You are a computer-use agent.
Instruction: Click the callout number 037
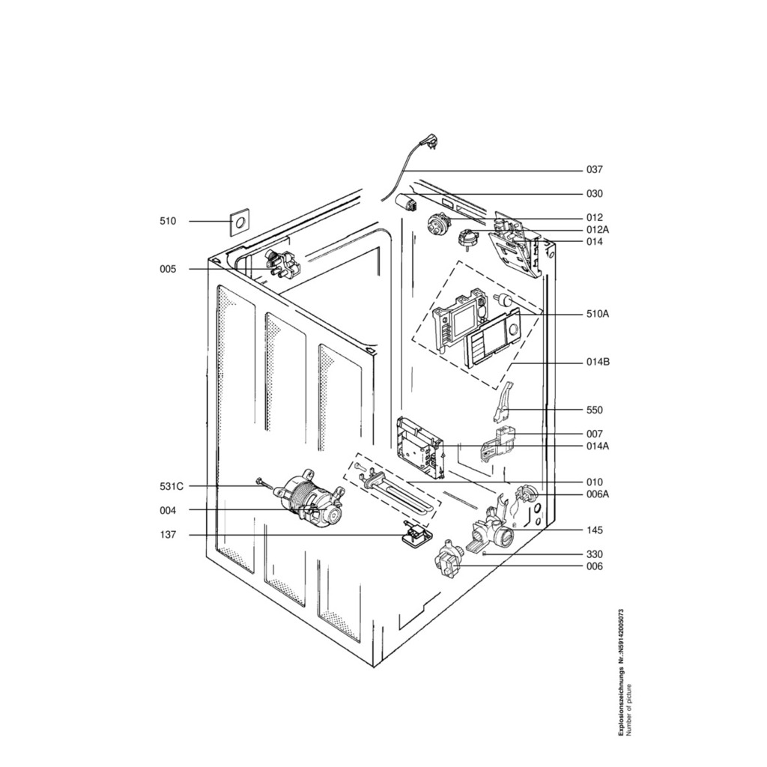(x=594, y=170)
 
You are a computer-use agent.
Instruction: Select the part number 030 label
(x=594, y=194)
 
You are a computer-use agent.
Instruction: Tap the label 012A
(x=598, y=230)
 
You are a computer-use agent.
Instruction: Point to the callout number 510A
(x=598, y=314)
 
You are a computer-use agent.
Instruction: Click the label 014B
(x=598, y=363)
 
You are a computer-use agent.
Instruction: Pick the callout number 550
(x=594, y=410)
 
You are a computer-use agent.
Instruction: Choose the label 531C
(x=172, y=486)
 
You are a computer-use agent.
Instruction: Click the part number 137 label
(x=168, y=535)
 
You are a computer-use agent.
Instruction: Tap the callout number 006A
(x=598, y=494)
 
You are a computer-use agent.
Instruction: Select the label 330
(x=594, y=554)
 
